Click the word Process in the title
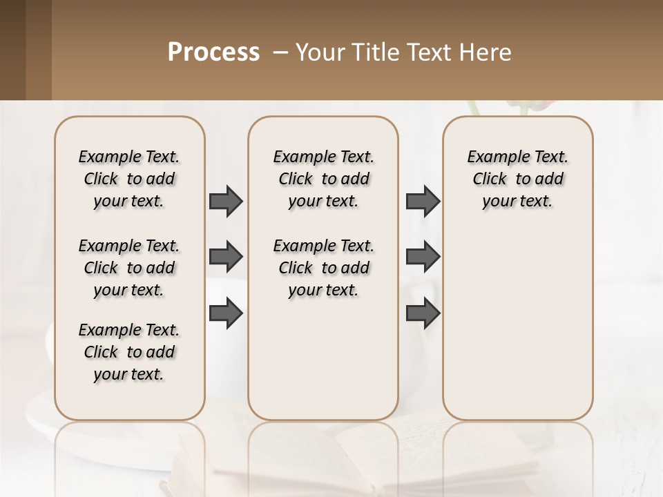(213, 52)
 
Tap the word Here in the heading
(488, 52)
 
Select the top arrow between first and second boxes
(226, 201)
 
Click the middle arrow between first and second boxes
(226, 257)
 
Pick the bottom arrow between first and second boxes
(226, 314)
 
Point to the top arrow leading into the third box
(423, 201)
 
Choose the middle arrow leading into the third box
(423, 257)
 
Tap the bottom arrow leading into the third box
(423, 314)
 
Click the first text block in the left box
(129, 179)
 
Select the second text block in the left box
(129, 268)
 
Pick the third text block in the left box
(129, 352)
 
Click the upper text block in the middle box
(323, 179)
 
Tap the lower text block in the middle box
(323, 268)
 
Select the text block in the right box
(517, 179)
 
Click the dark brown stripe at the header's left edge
(12, 50)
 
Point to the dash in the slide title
(280, 52)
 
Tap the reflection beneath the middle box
(323, 449)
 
